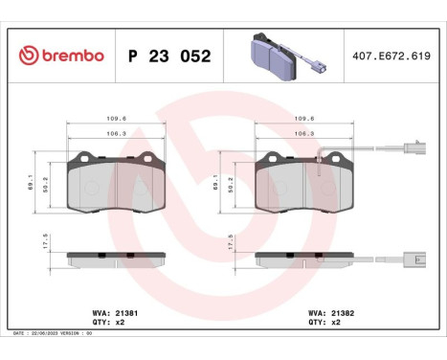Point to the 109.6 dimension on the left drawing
(x=117, y=120)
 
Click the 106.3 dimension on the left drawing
(x=117, y=134)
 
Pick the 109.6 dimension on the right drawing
(x=305, y=120)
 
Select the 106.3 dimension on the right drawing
(x=305, y=134)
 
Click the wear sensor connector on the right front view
(x=413, y=149)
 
